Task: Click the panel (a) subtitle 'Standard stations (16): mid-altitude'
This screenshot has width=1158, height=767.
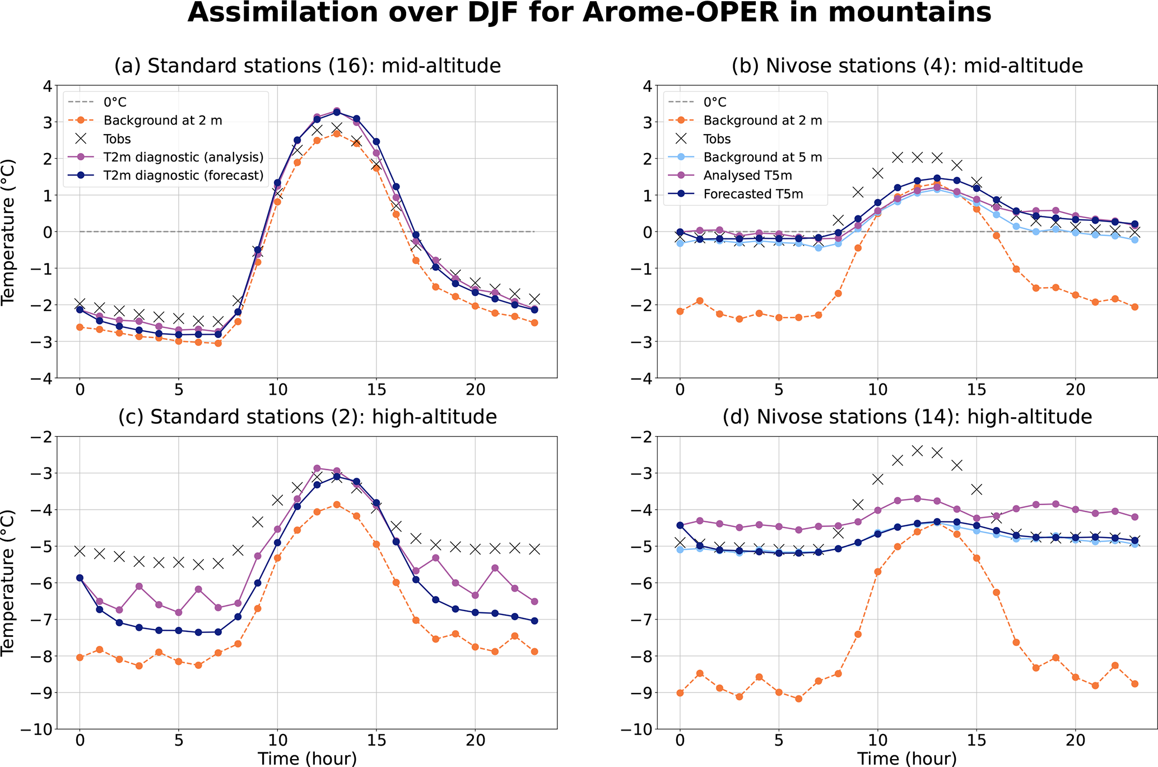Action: point(308,66)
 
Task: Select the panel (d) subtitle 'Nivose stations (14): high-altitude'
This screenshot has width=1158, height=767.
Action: point(907,417)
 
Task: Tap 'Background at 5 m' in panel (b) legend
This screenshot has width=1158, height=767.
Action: point(762,157)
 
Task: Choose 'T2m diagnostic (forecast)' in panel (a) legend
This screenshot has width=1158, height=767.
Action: point(183,175)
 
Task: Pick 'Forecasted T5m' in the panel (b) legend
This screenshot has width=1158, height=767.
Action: point(753,194)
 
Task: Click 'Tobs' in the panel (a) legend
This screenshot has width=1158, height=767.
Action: point(117,139)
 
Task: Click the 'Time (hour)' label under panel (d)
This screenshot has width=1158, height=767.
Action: point(907,759)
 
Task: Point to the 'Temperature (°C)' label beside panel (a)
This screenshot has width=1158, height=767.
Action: point(8,232)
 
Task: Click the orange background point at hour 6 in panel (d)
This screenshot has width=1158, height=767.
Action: point(799,699)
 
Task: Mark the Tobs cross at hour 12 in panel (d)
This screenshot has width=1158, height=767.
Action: point(917,450)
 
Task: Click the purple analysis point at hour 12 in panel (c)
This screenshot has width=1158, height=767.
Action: point(317,468)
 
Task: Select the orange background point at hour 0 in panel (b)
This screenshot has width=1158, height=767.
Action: point(680,311)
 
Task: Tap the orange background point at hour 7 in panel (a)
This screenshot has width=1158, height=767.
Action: point(218,343)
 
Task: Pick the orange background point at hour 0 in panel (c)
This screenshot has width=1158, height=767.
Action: point(80,657)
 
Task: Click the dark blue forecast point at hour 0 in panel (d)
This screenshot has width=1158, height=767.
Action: point(680,525)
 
